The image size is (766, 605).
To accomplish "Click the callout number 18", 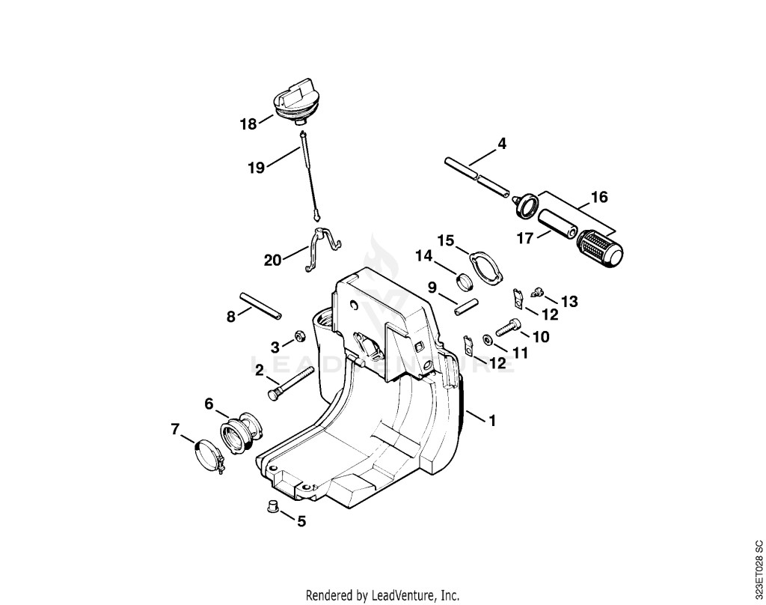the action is click(x=248, y=124).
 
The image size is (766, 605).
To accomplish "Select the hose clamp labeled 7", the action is click(x=209, y=456).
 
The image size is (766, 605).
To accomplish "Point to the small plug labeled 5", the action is click(x=272, y=506).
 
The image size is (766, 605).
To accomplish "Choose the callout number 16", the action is click(x=599, y=197).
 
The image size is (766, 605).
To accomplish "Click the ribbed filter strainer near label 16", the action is click(x=599, y=249).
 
